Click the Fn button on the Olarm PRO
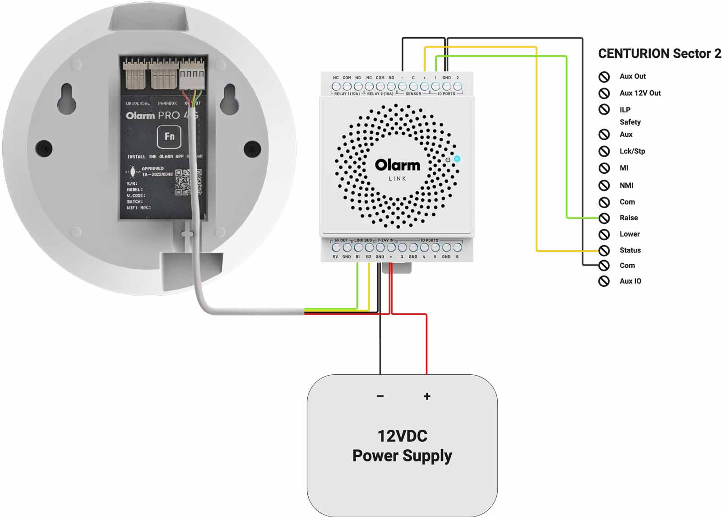(169, 136)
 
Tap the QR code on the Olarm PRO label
(188, 182)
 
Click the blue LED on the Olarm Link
(457, 158)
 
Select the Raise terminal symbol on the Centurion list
(604, 218)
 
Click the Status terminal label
(630, 250)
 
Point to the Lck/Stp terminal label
(632, 151)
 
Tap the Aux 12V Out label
(640, 93)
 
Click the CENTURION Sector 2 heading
(659, 54)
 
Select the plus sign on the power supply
(427, 396)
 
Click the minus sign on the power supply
(380, 396)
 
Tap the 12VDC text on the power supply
(402, 436)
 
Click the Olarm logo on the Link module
(397, 165)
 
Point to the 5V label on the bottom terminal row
(335, 257)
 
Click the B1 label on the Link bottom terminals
(357, 257)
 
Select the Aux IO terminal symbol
(604, 281)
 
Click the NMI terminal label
(626, 185)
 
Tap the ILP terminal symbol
(604, 109)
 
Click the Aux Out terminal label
(632, 76)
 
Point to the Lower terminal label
(629, 234)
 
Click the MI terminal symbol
(604, 168)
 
